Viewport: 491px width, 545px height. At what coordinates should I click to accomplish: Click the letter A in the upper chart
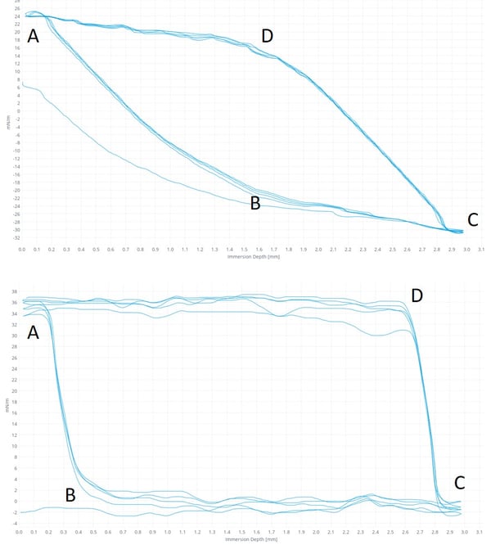coord(33,36)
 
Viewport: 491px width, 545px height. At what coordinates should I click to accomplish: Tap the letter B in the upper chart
coord(255,203)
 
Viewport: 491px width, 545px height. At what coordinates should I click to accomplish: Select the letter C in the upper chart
coord(472,219)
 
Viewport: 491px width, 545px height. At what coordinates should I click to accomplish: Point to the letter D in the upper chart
coord(267,36)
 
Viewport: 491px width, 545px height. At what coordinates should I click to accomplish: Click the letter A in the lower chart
coord(33,332)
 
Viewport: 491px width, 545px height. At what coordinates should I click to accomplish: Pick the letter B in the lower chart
coord(70,494)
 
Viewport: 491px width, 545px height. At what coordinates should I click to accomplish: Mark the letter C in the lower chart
coord(461,482)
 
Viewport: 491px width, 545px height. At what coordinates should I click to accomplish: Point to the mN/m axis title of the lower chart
coord(7,404)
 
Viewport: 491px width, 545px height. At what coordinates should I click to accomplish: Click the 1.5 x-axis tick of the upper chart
coord(244,249)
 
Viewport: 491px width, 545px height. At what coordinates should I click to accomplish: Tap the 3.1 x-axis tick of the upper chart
coord(481,249)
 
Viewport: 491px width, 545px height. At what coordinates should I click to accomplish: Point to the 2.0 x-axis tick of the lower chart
coord(318,531)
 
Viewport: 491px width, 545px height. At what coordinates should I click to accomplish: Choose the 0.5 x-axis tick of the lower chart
coord(96,531)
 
